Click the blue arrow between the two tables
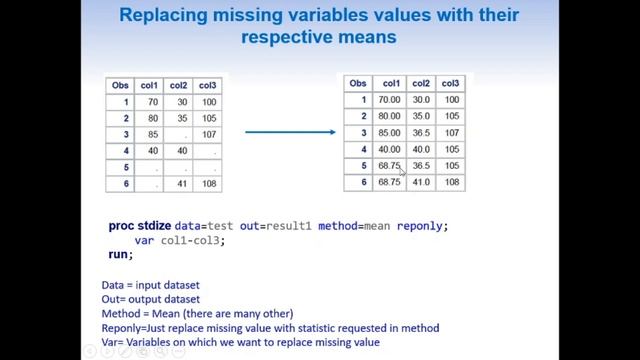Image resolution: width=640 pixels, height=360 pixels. point(290,131)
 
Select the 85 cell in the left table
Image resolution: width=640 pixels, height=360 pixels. point(153,135)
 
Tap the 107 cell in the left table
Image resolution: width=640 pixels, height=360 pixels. point(208,135)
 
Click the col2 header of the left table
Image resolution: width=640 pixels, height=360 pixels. point(179,85)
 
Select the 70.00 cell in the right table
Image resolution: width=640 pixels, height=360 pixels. point(389,100)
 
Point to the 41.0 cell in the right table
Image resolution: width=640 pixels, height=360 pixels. point(421,182)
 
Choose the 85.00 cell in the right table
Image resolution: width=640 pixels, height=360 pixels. point(389,133)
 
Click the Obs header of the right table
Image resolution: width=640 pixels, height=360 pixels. point(357,83)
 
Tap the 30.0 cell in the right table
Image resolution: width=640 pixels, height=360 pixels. point(421,100)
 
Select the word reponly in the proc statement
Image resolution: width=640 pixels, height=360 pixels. point(422,226)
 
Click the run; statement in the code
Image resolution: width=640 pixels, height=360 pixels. point(120,255)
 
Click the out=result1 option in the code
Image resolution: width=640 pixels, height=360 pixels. point(276,226)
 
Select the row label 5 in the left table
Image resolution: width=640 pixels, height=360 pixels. point(125,168)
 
